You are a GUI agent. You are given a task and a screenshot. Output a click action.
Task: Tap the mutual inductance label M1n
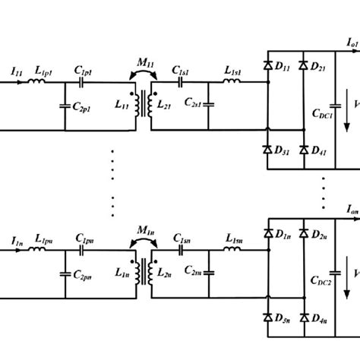pyautogui.click(x=142, y=229)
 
